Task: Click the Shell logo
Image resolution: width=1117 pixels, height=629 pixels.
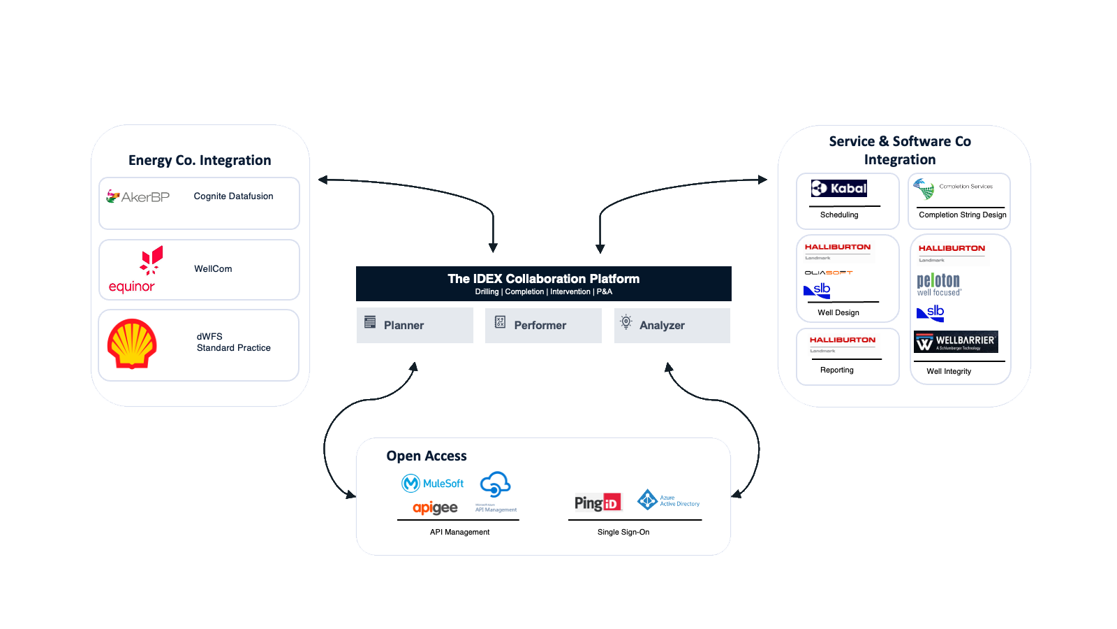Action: pos(132,344)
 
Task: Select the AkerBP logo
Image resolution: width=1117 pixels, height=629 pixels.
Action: pos(138,196)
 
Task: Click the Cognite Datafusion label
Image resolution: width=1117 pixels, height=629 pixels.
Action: pos(233,196)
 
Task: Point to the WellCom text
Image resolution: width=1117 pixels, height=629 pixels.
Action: pos(213,269)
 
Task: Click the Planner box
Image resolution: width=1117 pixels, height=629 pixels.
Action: pos(415,325)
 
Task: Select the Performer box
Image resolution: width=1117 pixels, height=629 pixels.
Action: pos(543,325)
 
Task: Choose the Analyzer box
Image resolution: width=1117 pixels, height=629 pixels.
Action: pos(672,325)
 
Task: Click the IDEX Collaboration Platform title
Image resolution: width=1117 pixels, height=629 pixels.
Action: pos(543,279)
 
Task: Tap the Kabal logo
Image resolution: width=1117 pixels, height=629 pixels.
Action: pos(839,188)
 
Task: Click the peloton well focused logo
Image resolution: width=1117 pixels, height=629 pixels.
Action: pos(938,284)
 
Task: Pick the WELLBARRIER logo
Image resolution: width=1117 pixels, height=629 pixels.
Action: pos(956,342)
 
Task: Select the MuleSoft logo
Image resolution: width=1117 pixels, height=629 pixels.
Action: pos(433,484)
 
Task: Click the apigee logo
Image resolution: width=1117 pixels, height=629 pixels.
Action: pos(435,508)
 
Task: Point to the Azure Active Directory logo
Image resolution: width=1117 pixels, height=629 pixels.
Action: pos(668,500)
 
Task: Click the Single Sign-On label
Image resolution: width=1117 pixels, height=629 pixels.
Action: pos(623,533)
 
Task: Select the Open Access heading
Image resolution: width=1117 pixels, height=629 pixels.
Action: pos(427,456)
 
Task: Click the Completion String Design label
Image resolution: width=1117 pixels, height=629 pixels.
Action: pos(962,215)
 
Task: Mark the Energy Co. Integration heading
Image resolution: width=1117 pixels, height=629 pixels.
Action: pos(200,161)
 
